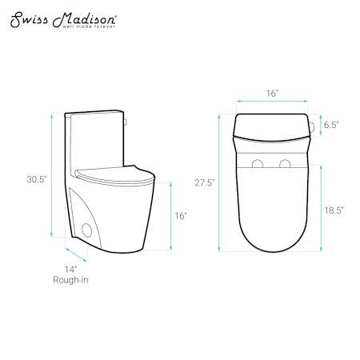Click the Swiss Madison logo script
[63, 20]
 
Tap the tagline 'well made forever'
[89, 26]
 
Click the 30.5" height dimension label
[37, 179]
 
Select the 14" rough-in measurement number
[70, 270]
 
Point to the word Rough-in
[70, 280]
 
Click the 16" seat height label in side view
[181, 216]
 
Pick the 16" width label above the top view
[272, 93]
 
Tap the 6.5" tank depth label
[331, 125]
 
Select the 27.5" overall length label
[205, 182]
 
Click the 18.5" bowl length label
[334, 210]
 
